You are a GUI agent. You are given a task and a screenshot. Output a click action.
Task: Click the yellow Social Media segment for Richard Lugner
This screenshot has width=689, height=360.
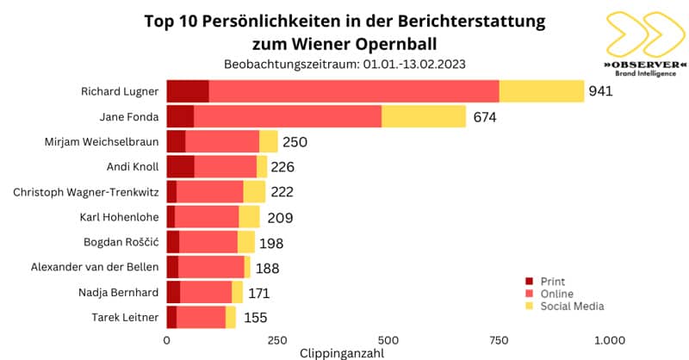coord(541,90)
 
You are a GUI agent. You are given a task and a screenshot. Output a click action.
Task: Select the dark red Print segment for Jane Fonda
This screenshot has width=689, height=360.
coord(179,116)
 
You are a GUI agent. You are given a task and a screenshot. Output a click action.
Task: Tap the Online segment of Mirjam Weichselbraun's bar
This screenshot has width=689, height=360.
coord(222,141)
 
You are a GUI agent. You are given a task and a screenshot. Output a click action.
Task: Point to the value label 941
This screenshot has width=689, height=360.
coord(600,91)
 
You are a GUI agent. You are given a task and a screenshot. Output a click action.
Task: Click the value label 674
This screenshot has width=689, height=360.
coord(485,116)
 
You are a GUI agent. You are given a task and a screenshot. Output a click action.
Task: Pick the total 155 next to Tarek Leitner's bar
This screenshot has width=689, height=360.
coord(255,318)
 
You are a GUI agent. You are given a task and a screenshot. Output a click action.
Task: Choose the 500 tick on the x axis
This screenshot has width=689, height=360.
coord(388,339)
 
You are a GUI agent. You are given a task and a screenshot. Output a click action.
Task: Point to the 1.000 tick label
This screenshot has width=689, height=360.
coord(609,339)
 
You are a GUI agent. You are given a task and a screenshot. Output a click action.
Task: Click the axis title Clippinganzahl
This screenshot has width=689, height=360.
coord(341,353)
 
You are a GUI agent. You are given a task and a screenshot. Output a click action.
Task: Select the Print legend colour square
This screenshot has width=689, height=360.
coord(530,282)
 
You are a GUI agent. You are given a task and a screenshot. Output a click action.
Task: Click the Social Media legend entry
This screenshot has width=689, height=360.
coord(572,306)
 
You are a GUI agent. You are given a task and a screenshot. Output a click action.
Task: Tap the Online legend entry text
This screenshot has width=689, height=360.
coord(556,294)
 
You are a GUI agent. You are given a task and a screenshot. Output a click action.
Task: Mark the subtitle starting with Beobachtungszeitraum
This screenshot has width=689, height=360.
coord(344,65)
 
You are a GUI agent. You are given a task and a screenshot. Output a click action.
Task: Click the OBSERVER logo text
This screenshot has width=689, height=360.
coord(645,65)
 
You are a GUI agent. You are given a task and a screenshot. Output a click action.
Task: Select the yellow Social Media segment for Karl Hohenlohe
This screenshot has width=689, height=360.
coord(249,217)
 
